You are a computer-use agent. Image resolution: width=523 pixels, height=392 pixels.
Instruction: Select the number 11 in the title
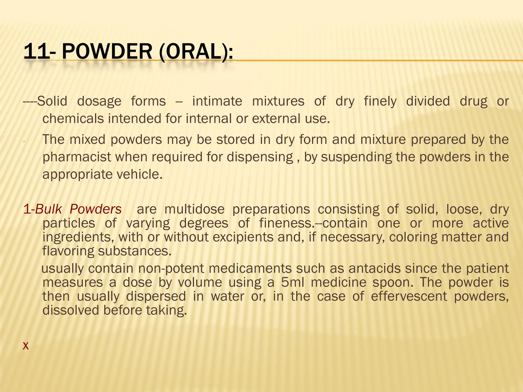click(x=36, y=52)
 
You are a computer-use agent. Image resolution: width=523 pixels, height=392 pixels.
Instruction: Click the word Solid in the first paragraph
click(x=52, y=101)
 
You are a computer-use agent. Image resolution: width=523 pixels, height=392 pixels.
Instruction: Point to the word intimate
click(x=217, y=101)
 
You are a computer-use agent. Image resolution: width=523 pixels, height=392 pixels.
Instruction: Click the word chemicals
click(x=73, y=119)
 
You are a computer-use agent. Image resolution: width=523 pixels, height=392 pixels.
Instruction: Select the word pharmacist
click(x=77, y=157)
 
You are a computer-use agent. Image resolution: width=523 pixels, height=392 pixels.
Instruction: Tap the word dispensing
click(x=260, y=157)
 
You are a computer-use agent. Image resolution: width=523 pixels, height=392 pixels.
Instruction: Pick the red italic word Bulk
click(x=49, y=209)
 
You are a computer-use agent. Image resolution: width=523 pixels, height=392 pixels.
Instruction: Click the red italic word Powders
click(x=96, y=209)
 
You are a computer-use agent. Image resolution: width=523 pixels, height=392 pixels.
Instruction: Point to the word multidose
click(x=194, y=209)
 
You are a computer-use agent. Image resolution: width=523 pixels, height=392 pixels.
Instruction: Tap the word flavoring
click(x=68, y=251)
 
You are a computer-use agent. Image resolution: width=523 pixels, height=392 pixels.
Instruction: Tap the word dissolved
click(x=71, y=311)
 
